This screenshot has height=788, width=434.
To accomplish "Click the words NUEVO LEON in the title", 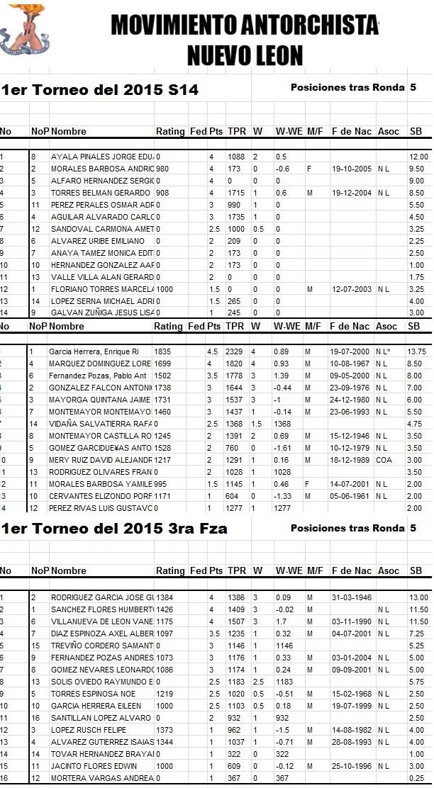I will (245, 55).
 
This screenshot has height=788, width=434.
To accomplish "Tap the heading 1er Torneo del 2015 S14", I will (99, 90).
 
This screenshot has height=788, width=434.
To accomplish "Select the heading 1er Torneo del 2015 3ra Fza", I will (114, 529).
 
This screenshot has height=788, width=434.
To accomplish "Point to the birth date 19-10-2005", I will (351, 169).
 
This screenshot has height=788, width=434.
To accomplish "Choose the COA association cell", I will (385, 460).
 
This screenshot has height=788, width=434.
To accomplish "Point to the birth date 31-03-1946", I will (351, 597).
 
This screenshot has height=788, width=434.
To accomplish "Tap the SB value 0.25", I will (417, 779).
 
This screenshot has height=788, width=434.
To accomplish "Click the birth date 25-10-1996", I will (351, 767).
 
